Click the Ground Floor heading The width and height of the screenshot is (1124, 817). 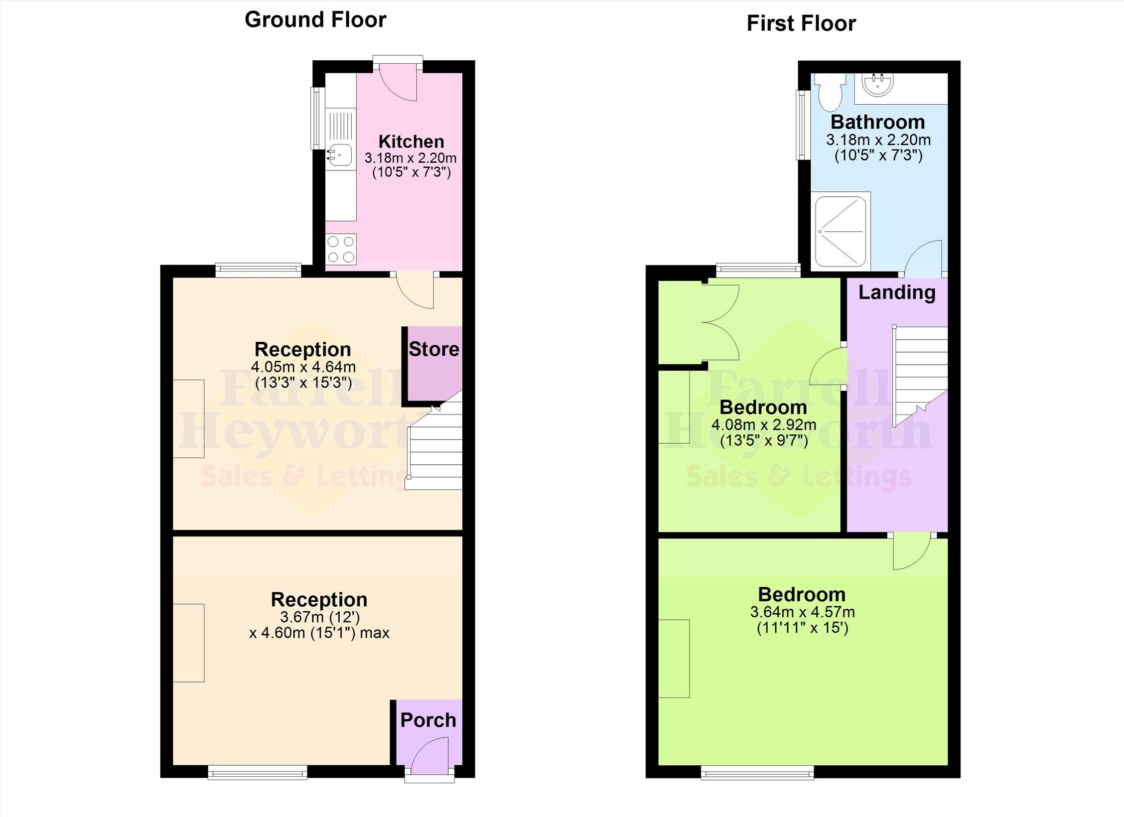(x=315, y=20)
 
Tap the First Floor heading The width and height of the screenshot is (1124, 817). (x=801, y=23)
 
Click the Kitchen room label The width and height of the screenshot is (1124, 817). (x=411, y=141)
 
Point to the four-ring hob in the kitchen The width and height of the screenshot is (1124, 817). (x=341, y=249)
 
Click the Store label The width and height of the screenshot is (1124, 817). (x=434, y=349)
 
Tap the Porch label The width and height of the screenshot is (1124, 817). (x=428, y=720)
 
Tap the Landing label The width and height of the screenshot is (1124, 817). (x=897, y=292)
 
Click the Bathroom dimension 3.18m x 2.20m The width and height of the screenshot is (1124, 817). (x=878, y=140)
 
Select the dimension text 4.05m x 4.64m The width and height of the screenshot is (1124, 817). (x=303, y=367)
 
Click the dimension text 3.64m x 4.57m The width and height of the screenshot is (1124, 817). (x=802, y=612)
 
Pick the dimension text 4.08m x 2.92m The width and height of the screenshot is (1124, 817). (x=764, y=425)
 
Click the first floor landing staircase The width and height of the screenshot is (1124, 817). (x=920, y=376)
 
